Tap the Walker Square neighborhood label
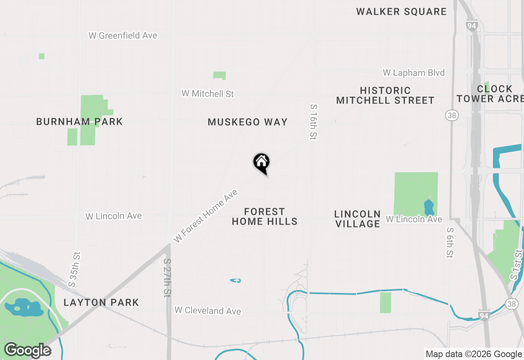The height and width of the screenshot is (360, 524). click(x=401, y=11)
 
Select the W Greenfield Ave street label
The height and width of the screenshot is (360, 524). click(x=123, y=36)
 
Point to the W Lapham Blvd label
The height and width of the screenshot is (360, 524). click(x=413, y=73)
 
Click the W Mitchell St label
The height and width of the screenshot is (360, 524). click(x=208, y=94)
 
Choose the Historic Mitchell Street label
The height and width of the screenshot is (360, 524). click(x=385, y=95)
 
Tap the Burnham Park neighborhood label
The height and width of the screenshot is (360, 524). click(x=79, y=122)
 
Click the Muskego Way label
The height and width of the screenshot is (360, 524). click(x=248, y=122)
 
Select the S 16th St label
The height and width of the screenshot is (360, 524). click(x=313, y=122)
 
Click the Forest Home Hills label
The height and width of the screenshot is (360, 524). click(x=264, y=217)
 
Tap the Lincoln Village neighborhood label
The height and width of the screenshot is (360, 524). click(x=357, y=219)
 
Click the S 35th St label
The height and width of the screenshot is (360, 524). click(x=75, y=269)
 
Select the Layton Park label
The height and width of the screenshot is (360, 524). click(x=101, y=303)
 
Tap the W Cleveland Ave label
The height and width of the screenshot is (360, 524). click(x=208, y=311)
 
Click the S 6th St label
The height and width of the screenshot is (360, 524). click(x=450, y=243)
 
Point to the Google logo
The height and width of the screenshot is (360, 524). click(x=27, y=351)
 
